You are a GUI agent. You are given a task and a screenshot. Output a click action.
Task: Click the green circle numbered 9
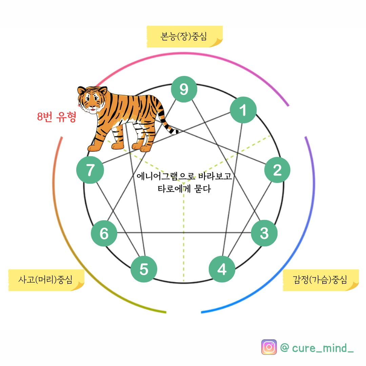tap(184, 89)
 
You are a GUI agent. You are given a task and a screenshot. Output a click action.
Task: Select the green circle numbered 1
tap(243, 110)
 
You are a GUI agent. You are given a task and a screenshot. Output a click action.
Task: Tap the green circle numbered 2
tap(277, 170)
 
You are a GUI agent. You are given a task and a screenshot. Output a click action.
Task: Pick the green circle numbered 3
tap(264, 233)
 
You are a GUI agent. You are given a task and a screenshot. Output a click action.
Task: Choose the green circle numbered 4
tap(222, 269)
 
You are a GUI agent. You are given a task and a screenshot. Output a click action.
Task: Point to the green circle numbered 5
tap(144, 269)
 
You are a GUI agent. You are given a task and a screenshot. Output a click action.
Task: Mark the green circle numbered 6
tap(104, 233)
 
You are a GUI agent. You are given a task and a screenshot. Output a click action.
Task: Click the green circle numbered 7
tap(90, 170)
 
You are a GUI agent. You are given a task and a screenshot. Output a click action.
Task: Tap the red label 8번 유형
tap(57, 117)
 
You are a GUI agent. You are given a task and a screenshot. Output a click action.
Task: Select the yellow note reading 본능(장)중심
tap(184, 36)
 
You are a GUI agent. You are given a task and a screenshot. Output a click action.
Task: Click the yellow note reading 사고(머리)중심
tap(46, 280)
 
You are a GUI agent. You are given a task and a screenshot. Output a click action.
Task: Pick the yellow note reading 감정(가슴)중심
tap(321, 280)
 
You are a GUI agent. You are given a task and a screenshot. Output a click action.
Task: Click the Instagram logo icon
tap(269, 347)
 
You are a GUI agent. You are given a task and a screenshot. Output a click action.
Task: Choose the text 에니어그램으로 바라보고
tap(184, 176)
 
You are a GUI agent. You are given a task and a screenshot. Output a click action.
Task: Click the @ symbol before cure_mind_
tap(285, 348)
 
